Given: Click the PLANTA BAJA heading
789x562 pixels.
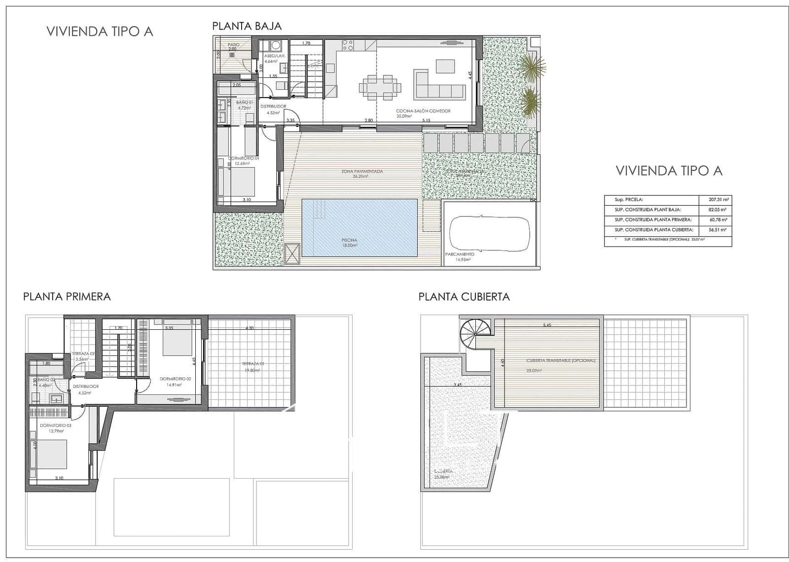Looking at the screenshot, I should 247,26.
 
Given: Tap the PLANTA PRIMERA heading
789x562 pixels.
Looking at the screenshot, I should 67,296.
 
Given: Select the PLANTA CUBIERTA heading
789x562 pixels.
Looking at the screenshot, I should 464,297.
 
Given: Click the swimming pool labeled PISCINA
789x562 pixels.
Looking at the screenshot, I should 359,227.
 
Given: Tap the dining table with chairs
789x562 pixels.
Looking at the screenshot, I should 380,87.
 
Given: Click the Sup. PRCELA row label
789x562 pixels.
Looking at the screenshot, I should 629,200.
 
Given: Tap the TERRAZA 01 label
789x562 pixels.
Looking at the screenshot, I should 251,364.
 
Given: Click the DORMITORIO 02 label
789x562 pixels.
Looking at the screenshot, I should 175,379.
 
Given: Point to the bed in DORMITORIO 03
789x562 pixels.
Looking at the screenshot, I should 51,454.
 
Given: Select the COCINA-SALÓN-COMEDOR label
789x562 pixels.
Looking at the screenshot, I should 423,111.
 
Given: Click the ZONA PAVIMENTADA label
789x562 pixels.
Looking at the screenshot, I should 362,172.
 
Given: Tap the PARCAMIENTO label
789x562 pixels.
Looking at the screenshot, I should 460,254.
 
